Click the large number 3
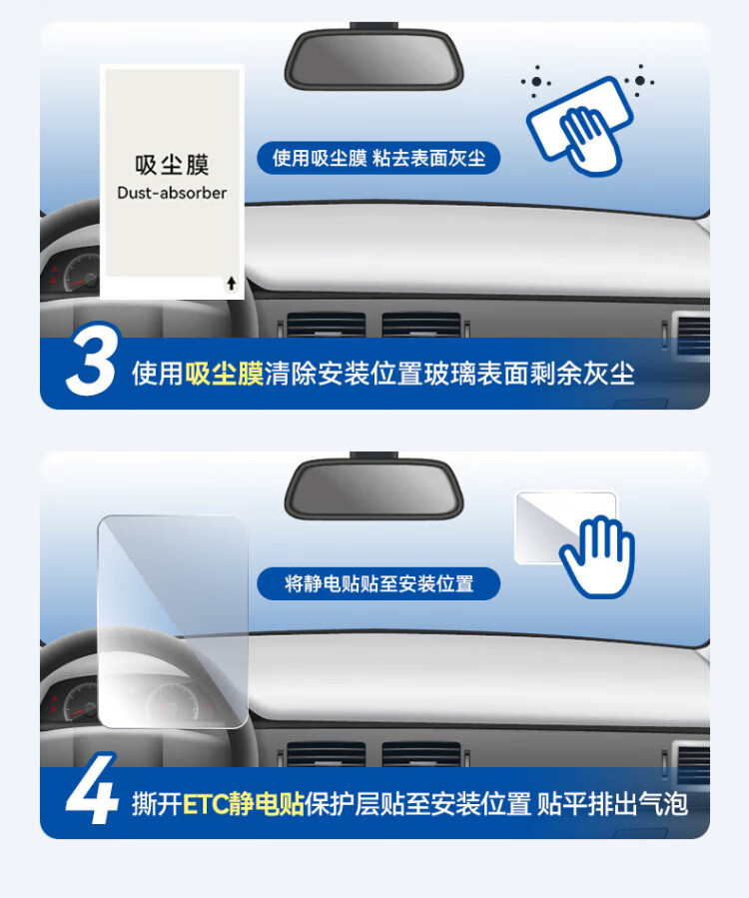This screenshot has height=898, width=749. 93,359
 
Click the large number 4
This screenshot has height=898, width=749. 92,788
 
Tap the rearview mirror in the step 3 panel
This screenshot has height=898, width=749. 374,58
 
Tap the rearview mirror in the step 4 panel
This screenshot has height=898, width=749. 374,487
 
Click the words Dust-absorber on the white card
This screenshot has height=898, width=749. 172,193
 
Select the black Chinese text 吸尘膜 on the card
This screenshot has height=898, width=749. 173,165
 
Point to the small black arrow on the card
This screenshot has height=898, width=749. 232,283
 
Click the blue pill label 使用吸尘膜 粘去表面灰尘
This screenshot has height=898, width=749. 378,158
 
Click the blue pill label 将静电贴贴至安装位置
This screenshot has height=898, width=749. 378,583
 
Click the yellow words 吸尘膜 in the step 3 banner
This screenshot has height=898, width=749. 224,374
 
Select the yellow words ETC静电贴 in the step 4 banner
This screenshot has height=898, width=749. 244,804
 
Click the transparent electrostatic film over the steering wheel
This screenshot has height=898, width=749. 173,621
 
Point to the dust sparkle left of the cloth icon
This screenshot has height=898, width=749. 536,81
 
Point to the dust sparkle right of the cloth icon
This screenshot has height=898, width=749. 639,81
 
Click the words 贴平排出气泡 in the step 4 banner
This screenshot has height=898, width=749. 612,804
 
